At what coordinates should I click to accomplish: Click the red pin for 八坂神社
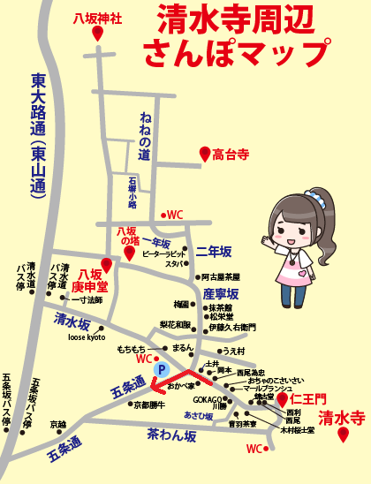pos(97,33)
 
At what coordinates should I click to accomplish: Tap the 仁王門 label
pos(309,399)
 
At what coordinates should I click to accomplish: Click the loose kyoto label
pos(87,337)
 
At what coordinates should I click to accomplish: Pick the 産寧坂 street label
pos(221,292)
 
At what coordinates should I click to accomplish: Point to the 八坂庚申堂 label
pos(89,280)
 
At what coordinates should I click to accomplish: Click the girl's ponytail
pos(341,256)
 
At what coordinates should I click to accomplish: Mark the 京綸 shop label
pos(58,424)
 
